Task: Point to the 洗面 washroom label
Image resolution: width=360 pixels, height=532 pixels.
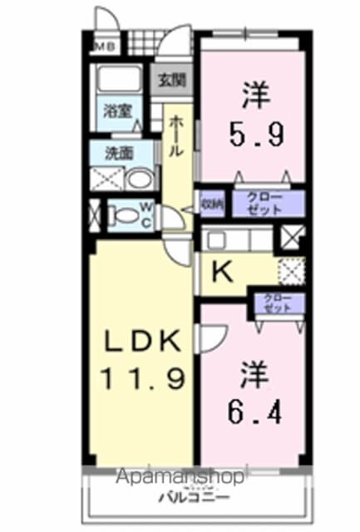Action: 119,152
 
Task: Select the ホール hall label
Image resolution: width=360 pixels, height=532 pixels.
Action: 176,136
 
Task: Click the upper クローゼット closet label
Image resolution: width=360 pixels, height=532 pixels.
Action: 267,202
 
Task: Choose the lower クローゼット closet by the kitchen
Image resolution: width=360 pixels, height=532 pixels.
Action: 278,303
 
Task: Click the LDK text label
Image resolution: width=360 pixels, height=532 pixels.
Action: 141,342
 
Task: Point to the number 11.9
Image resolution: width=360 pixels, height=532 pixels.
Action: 141,380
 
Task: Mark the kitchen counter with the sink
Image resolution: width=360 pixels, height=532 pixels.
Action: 236,240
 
